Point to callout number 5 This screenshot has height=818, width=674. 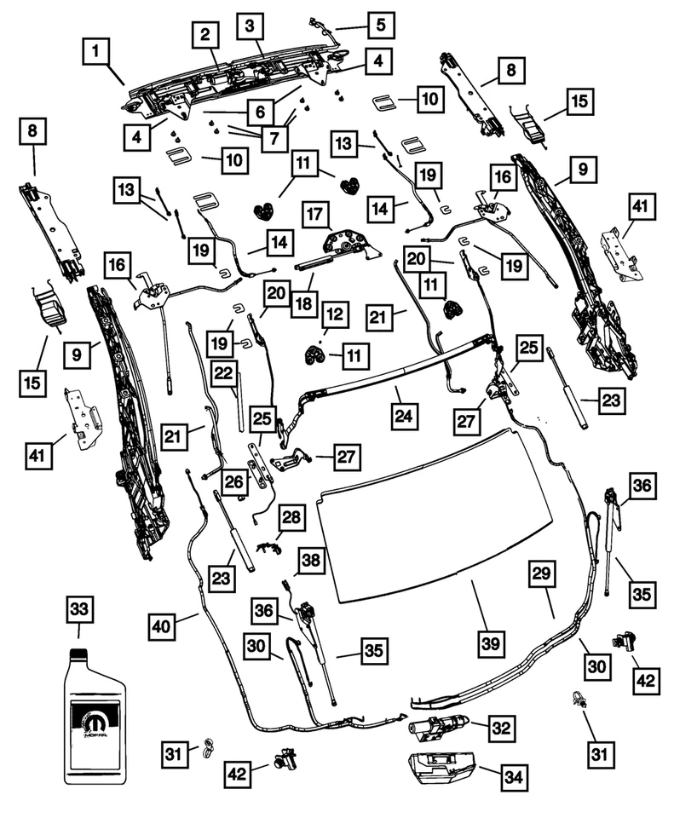381,24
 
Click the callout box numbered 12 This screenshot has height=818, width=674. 333,315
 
